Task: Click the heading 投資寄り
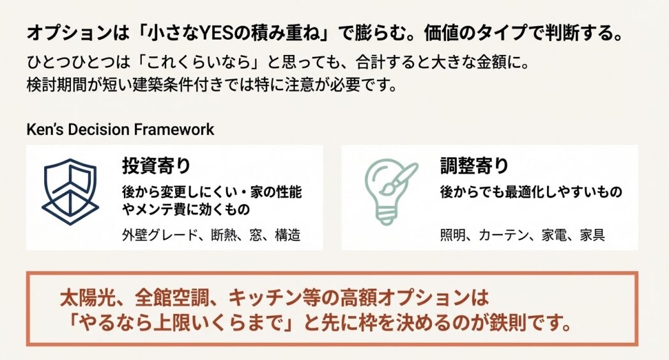157,166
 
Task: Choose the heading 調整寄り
475,166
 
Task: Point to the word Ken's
45,129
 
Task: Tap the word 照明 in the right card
454,235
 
